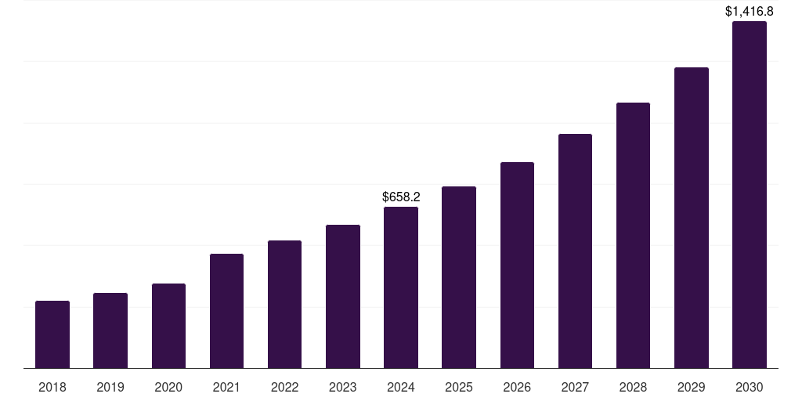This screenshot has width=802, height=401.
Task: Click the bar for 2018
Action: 52,334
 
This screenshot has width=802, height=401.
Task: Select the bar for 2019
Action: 110,331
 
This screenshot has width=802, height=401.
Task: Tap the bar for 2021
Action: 226,311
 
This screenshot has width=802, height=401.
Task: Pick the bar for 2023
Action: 343,297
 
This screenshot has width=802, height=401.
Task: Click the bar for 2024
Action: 401,287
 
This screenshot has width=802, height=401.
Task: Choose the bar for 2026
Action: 517,266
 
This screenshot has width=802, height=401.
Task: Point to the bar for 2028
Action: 633,236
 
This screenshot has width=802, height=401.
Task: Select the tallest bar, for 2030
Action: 750,195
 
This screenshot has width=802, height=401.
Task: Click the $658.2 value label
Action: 401,197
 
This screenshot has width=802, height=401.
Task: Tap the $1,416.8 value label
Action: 750,11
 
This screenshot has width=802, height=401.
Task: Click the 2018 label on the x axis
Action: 52,387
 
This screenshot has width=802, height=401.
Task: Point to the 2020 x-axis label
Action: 168,387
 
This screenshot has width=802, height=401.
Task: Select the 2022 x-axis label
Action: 285,387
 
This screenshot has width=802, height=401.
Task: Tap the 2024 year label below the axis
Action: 401,387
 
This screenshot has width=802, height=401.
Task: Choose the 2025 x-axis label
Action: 459,387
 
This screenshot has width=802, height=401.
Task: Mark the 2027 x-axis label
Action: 575,387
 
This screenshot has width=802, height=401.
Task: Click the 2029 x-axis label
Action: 692,387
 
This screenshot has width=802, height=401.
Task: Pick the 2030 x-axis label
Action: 750,387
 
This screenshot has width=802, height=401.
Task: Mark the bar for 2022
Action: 285,305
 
